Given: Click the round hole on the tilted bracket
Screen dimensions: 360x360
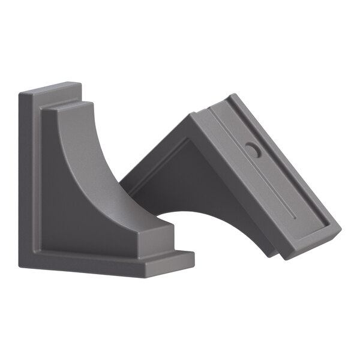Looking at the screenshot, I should click(253, 151).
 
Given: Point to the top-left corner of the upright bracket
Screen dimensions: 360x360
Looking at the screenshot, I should click(20, 94).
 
